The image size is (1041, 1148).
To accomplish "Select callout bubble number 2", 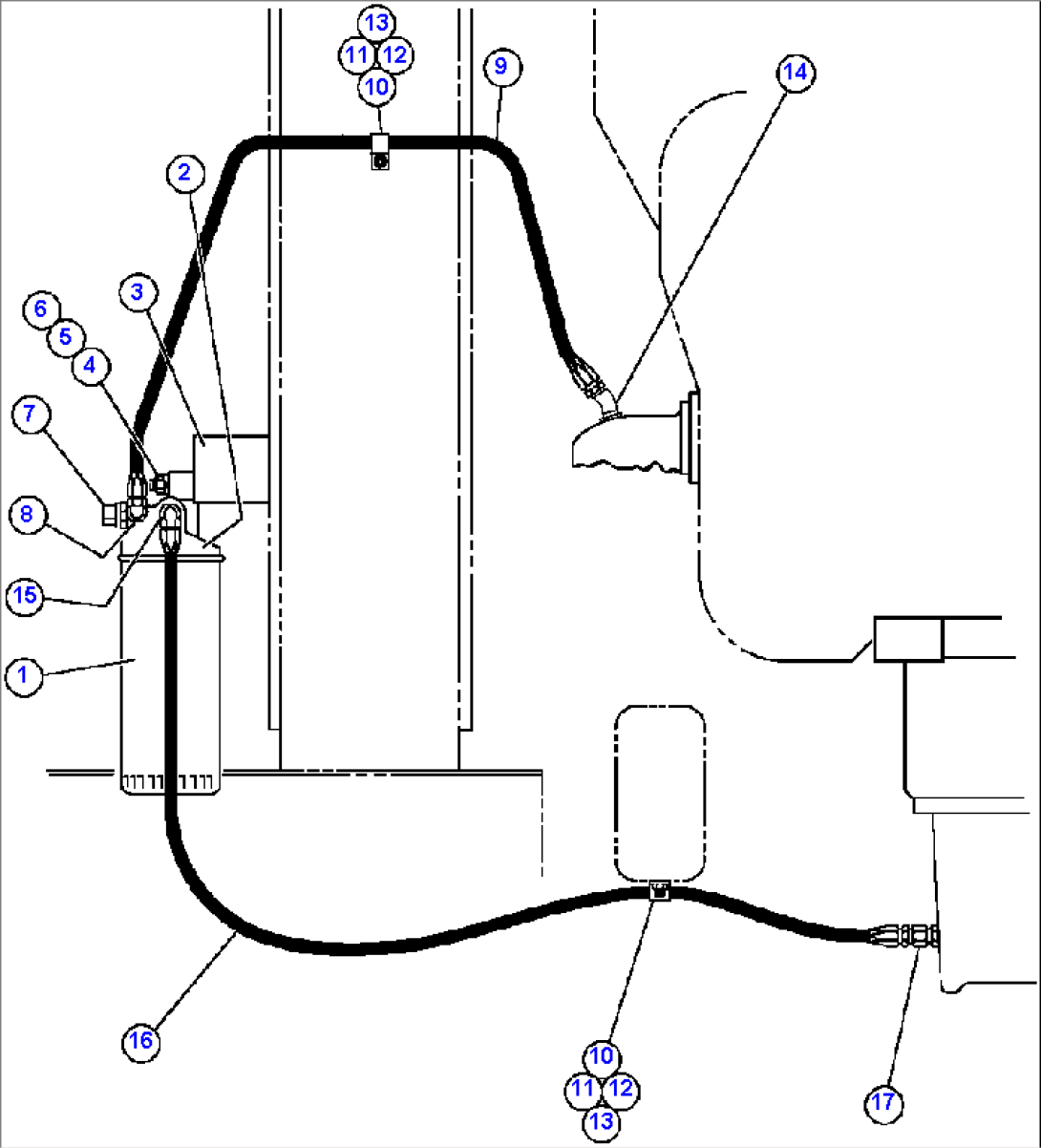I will click(x=184, y=173).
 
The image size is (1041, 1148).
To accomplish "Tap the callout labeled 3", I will click(x=138, y=292).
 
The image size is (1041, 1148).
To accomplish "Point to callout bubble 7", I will click(x=31, y=414).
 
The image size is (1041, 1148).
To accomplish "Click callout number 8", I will click(x=27, y=515).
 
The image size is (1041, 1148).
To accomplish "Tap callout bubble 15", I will click(x=25, y=596).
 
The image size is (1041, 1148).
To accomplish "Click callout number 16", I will click(x=140, y=1040).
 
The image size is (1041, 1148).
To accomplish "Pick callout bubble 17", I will click(x=884, y=1102).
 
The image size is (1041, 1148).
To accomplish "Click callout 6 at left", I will click(x=40, y=308).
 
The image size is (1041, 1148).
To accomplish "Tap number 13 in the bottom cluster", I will click(x=602, y=1120).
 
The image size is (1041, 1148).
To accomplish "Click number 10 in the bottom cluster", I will click(x=601, y=1055).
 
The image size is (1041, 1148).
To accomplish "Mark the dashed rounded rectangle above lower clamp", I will click(x=660, y=793).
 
